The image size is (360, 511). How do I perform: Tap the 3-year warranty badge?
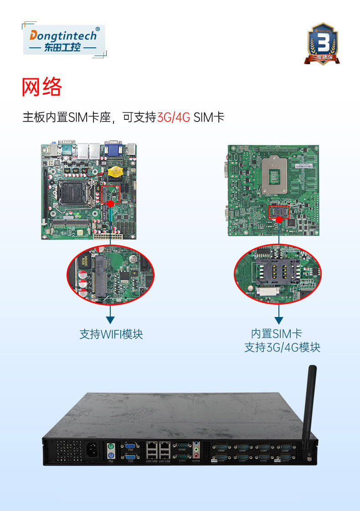(323, 44)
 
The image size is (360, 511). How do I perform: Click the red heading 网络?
(41, 87)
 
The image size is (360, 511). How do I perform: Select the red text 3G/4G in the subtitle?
(174, 117)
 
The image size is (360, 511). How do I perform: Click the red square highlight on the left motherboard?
(110, 194)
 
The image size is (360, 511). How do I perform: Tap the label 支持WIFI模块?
(111, 334)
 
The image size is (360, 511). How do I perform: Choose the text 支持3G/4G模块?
(282, 347)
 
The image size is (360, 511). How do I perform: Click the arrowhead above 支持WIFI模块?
(110, 320)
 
